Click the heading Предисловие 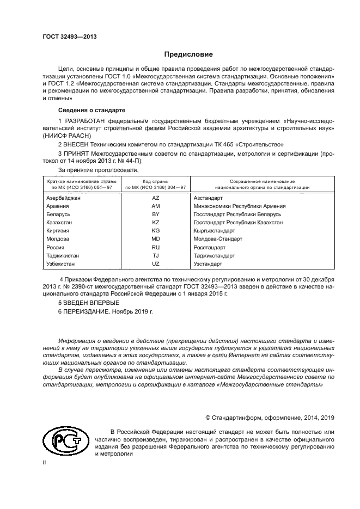point(188,54)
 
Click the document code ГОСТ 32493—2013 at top point(69,36)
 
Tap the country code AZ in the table point(155,198)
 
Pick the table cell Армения point(58,206)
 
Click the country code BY point(155,214)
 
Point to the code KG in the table point(155,231)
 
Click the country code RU point(155,247)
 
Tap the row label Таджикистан point(63,255)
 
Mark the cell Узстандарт point(208,263)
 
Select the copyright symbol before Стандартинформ point(208,418)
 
